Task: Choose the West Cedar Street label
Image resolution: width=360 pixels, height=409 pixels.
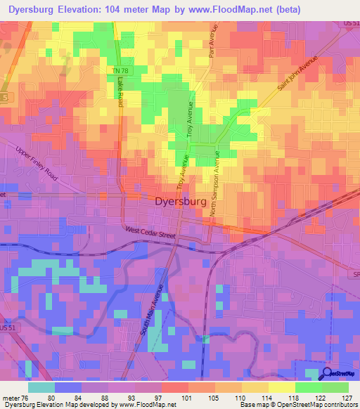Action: pos(150,233)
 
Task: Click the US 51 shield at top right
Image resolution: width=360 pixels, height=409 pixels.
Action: pos(349,24)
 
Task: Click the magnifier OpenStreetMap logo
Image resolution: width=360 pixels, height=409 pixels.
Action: pos(328,375)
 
